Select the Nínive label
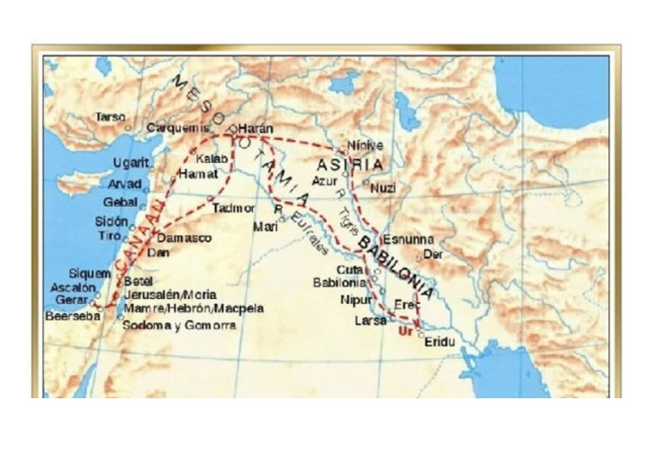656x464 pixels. point(366,145)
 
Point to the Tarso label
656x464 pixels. point(110,116)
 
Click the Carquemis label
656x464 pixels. point(178,128)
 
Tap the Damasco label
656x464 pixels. point(184,238)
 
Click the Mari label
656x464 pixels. point(265,226)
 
